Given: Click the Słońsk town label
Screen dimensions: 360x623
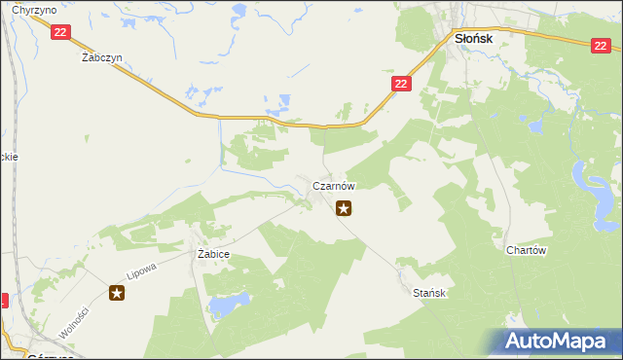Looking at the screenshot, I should point(474,38).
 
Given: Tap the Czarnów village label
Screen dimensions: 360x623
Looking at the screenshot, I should point(333,185).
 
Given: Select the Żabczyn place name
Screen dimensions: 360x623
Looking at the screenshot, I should point(101,57).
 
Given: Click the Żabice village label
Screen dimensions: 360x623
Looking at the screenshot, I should point(212,254).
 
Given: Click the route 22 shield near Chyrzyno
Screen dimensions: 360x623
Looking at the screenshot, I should point(60,32).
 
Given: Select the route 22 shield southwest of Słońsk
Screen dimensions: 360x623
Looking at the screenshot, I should point(402,85).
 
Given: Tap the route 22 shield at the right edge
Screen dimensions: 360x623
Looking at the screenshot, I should point(600,46).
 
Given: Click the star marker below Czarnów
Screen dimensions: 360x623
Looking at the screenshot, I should point(343,207).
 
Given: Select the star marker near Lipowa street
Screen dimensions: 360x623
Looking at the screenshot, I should point(117,292).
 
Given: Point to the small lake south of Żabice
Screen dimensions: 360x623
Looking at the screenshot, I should point(223,306).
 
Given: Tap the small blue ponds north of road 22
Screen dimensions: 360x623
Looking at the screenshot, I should point(280,102).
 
